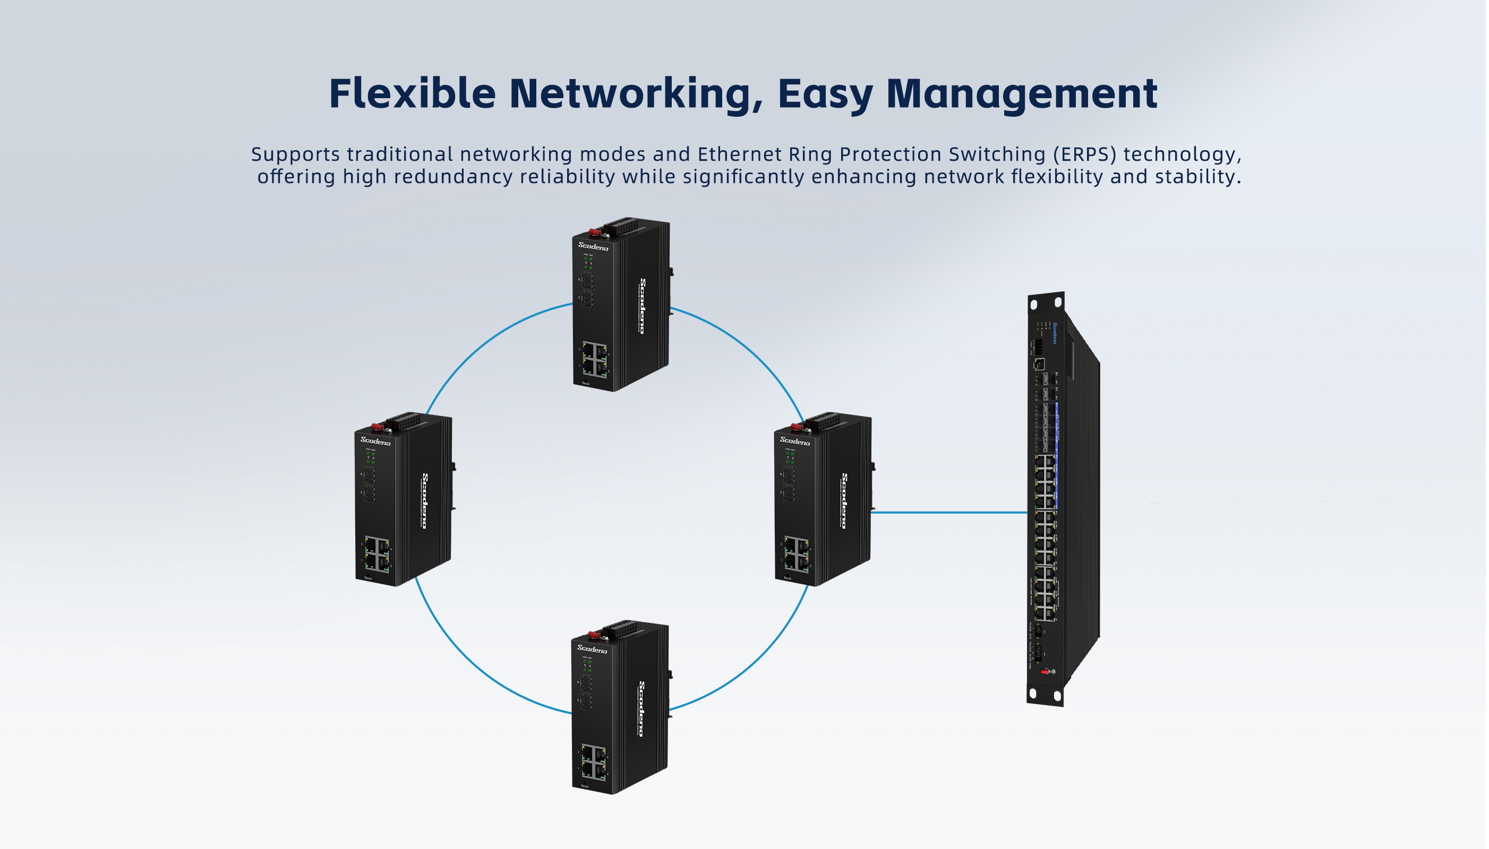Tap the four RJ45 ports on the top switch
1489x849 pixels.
[595, 359]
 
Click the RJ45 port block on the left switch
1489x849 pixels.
[377, 553]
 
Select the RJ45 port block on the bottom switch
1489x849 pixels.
[593, 762]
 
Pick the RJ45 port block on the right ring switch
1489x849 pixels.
[797, 555]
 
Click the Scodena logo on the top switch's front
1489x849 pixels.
[593, 246]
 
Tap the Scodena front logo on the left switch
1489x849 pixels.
[375, 441]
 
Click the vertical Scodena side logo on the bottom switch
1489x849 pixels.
[641, 708]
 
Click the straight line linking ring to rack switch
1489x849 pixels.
[948, 513]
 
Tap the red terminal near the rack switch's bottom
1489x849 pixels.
[1045, 672]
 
